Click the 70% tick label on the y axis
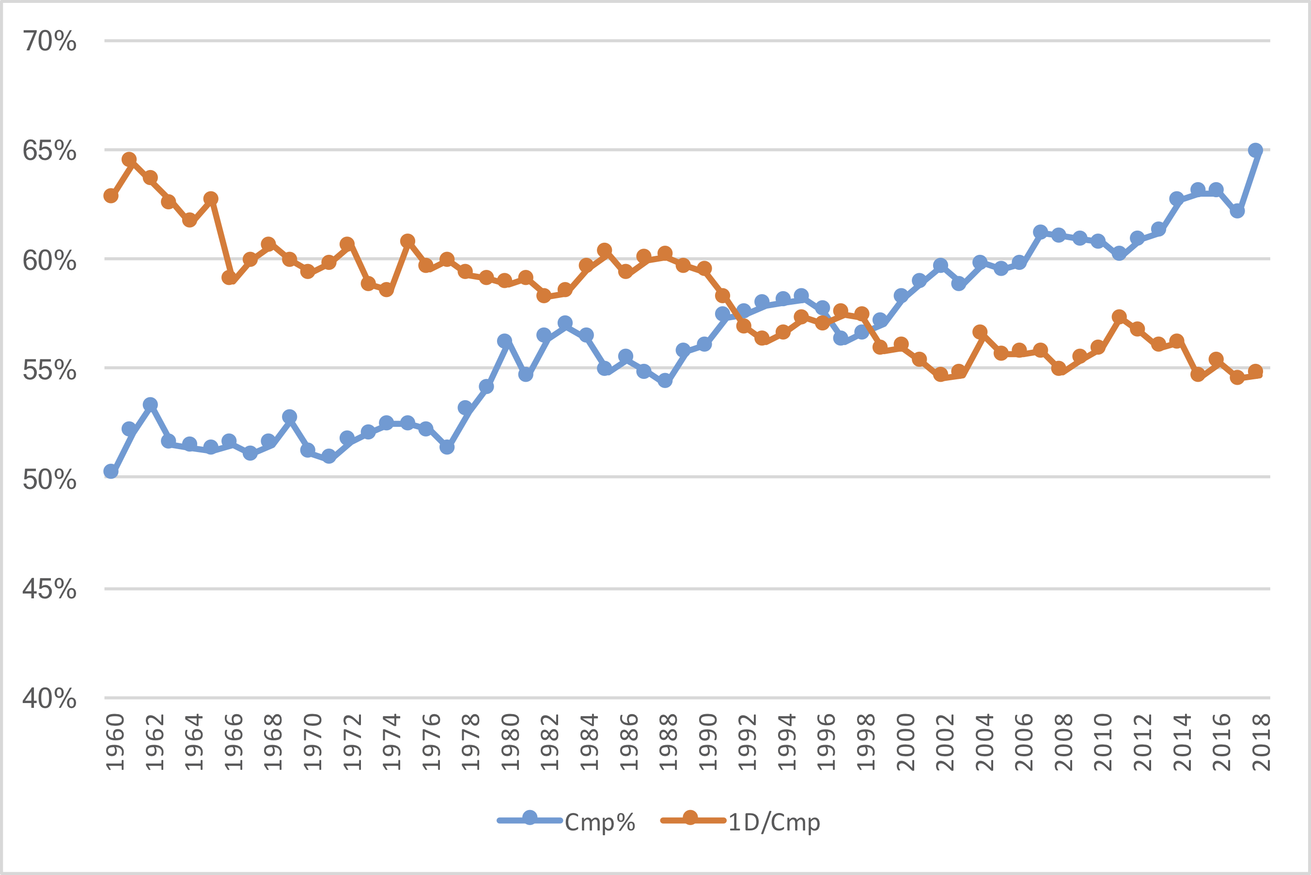pos(49,41)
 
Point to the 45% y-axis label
pos(49,589)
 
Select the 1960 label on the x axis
pos(115,742)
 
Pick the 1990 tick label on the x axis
pos(708,742)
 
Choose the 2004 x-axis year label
pos(984,742)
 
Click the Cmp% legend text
pos(600,823)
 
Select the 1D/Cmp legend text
pos(774,823)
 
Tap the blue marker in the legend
pos(530,819)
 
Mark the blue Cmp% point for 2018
pos(1255,151)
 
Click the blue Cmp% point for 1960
pos(111,471)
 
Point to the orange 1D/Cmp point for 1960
pos(111,196)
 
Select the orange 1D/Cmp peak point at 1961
pos(129,159)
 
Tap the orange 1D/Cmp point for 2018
pos(1255,372)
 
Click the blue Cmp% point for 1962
pos(150,405)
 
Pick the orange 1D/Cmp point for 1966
pos(229,277)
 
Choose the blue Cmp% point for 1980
pos(505,341)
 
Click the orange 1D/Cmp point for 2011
pos(1119,317)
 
